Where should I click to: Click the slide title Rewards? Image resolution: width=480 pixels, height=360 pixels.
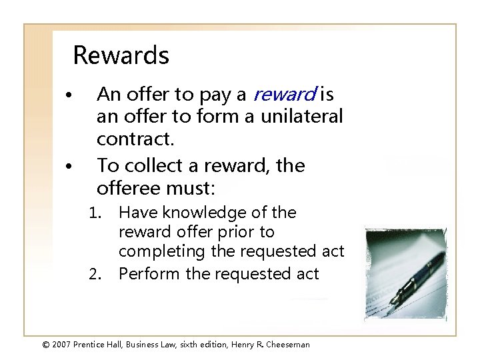pyautogui.click(x=121, y=55)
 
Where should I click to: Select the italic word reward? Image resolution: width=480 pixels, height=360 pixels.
pyautogui.click(x=287, y=95)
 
